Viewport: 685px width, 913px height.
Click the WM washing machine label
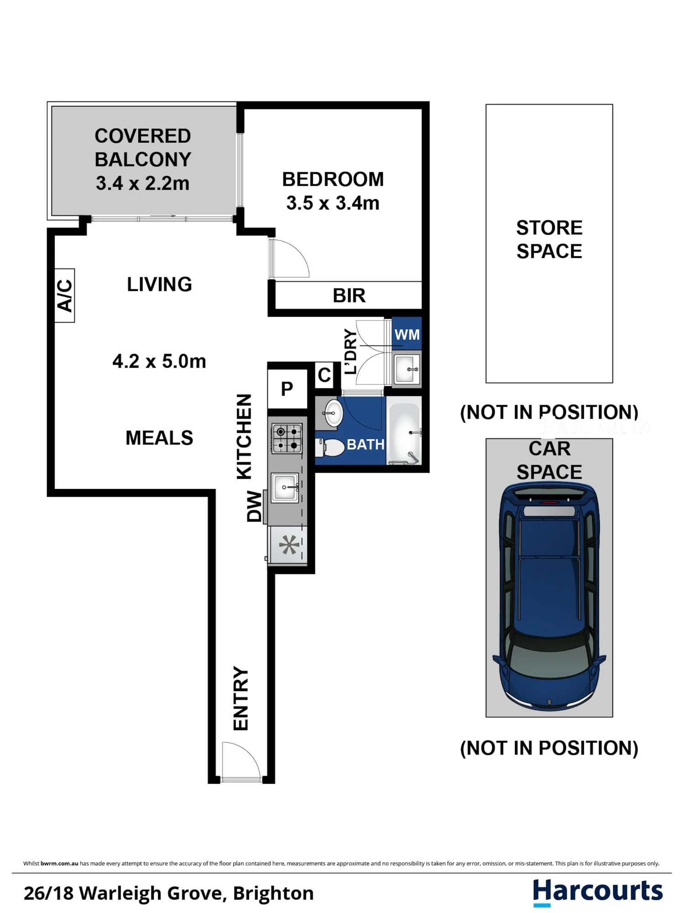pos(407,334)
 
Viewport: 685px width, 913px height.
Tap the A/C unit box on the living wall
pos(64,295)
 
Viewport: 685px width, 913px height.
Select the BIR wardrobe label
pos(349,296)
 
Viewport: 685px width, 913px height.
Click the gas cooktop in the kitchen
pos(287,438)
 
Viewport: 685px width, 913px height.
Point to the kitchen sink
pos(285,488)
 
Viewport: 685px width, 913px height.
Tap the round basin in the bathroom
pos(333,413)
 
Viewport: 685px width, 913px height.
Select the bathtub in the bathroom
pos(404,433)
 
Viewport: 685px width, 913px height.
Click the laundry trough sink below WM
pos(406,369)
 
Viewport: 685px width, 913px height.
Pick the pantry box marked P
pos(287,389)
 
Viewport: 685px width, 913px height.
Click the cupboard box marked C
pos(324,375)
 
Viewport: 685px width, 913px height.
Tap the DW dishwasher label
pos(254,506)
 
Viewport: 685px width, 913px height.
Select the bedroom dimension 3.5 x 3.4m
pos(333,203)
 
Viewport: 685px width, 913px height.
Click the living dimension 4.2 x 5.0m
pos(159,361)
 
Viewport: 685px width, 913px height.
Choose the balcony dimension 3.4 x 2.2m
pos(142,183)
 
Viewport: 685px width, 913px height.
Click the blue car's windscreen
pos(549,660)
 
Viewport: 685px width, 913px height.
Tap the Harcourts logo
pos(598,892)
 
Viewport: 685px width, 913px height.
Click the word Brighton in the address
pos(273,893)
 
